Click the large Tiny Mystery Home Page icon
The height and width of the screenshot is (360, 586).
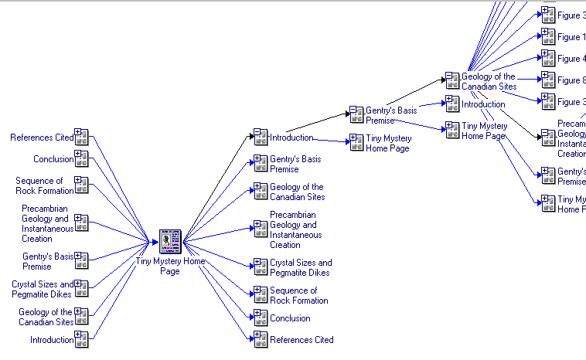[169, 241]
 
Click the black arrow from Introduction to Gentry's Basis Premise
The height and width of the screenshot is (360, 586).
[317, 124]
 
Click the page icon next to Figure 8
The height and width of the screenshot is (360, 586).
[547, 80]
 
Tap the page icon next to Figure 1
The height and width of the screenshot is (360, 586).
[547, 36]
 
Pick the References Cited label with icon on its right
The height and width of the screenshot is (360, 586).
[42, 138]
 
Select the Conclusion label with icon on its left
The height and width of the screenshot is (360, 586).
[290, 318]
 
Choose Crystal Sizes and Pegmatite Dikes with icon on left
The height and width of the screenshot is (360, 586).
[301, 267]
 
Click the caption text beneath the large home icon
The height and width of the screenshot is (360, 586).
[170, 266]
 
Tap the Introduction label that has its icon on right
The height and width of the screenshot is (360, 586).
[52, 340]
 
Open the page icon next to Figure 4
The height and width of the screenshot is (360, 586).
[547, 59]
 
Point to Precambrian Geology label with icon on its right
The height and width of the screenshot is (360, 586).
[47, 223]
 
